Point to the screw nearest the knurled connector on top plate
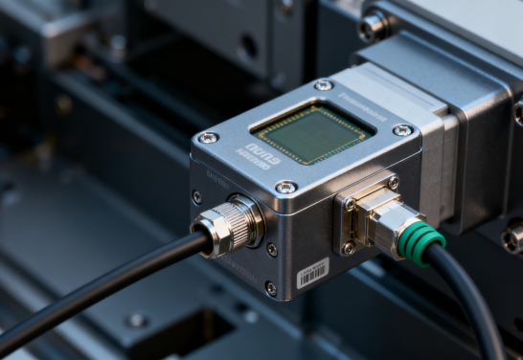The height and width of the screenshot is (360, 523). coord(208,138)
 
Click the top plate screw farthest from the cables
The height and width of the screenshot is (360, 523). coord(324,85)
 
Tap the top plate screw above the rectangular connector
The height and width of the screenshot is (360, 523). coord(403,129)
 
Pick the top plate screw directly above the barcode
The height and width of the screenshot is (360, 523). coord(285,187)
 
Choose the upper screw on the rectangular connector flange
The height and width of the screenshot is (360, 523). coord(393,182)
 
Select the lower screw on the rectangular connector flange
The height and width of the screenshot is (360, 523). coord(349,247)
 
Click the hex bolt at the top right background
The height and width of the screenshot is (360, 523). coord(373,26)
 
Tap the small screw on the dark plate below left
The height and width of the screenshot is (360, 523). coord(137,320)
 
